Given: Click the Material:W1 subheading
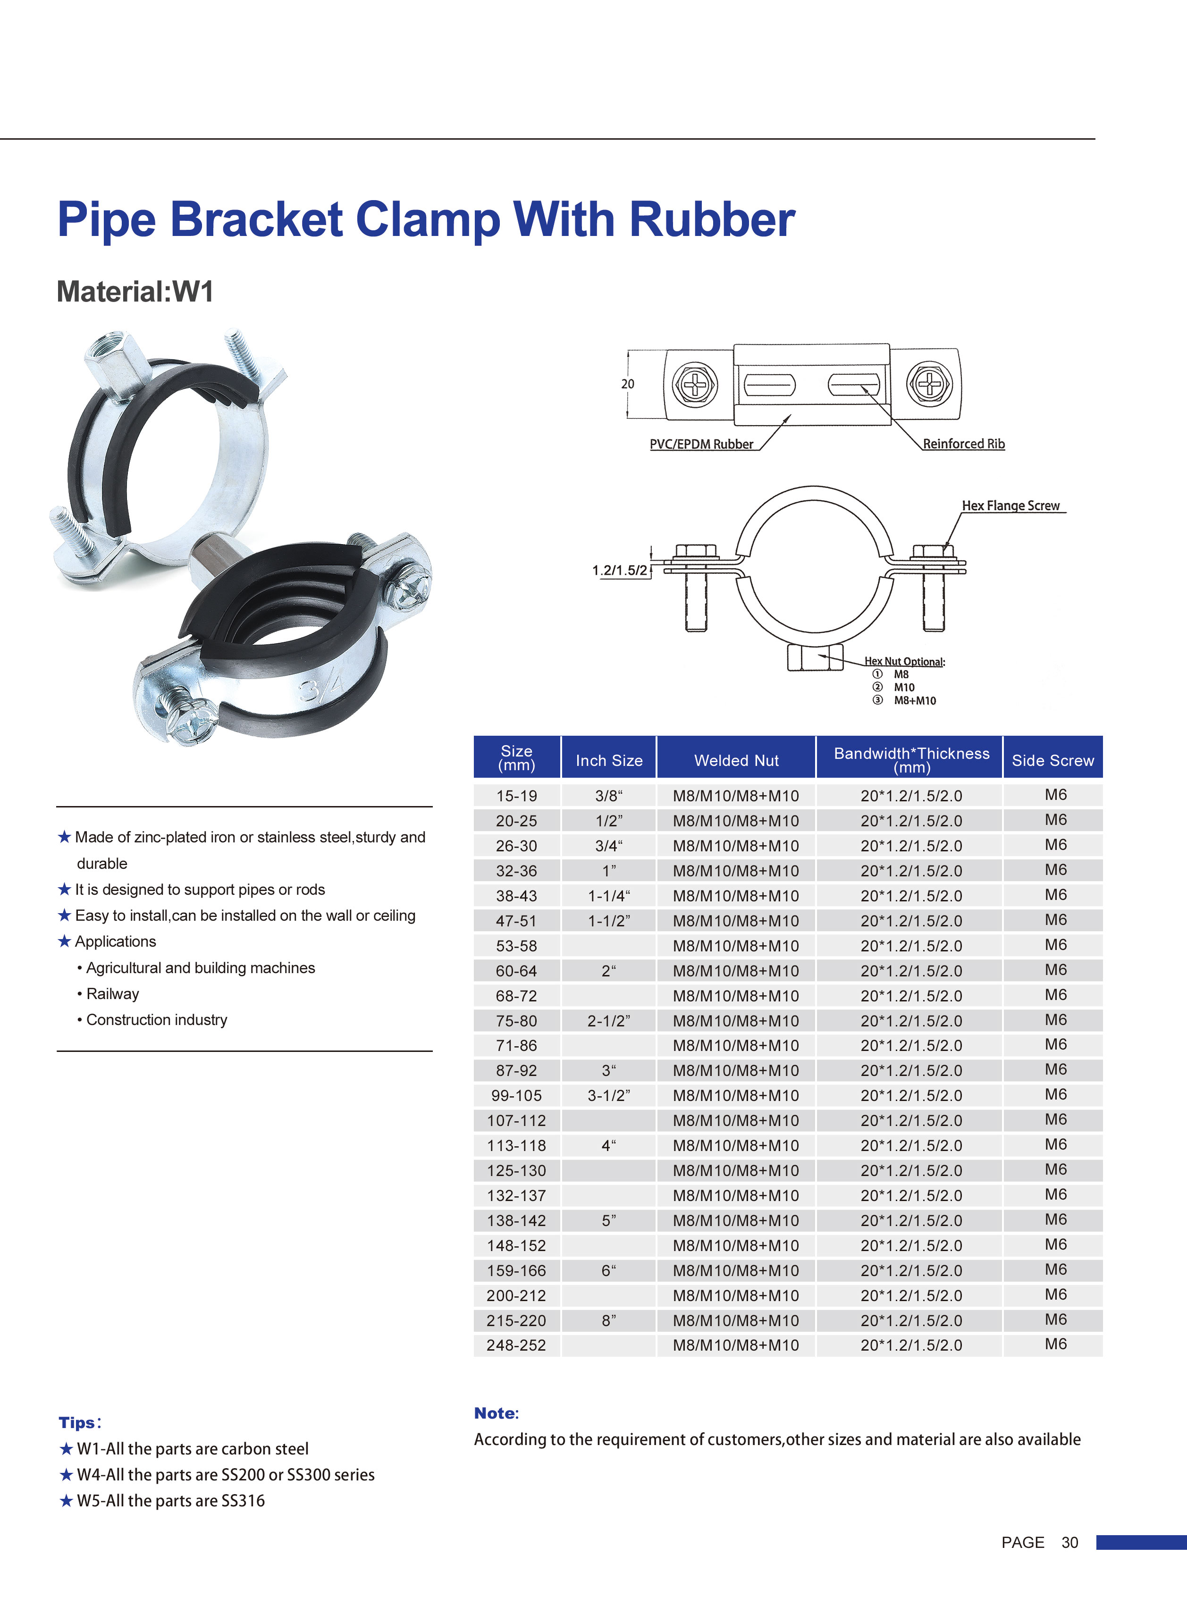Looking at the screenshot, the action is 135,292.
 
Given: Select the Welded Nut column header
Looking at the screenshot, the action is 736,760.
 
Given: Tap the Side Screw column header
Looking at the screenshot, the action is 1052,760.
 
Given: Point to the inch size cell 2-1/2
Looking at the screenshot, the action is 608,1021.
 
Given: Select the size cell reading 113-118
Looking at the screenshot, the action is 517,1145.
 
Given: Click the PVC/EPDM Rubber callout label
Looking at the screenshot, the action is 701,444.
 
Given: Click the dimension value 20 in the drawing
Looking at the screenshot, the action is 627,384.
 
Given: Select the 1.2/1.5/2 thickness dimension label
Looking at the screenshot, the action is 619,571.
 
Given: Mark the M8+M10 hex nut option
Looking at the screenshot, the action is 915,700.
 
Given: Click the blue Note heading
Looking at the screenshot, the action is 496,1413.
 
